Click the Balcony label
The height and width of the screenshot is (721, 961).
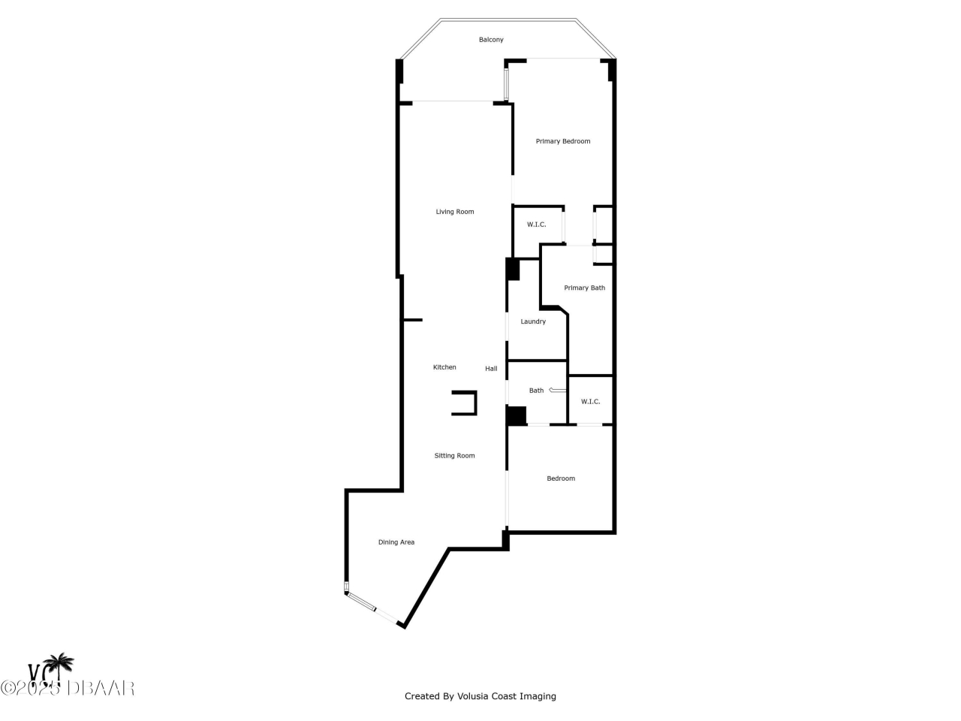coord(491,40)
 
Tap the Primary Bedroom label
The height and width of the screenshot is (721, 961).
coord(562,141)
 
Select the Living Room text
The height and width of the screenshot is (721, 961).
coord(455,212)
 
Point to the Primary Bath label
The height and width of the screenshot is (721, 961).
coord(584,288)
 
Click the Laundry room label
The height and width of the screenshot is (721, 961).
coord(533,321)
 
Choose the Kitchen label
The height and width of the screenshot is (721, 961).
coord(444,367)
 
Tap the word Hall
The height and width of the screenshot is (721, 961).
coord(491,369)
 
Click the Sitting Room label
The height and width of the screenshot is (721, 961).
coord(454,456)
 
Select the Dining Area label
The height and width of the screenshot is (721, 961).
coord(396,542)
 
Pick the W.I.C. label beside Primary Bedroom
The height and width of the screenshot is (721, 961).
coord(536,225)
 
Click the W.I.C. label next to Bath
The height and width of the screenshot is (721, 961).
coord(590,402)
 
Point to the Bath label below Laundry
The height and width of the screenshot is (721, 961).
coord(536,391)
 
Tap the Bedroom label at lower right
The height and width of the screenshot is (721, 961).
coord(561,478)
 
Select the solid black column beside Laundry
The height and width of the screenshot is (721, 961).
coord(513,269)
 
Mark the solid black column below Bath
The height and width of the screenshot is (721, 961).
coord(516,415)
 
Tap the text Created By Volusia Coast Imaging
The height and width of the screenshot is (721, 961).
coord(480,696)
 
